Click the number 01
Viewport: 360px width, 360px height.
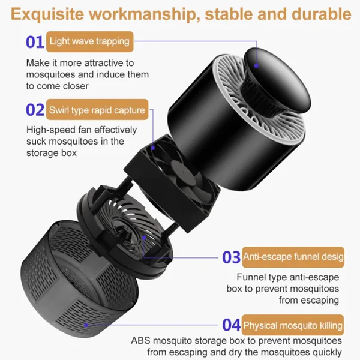click(34, 42)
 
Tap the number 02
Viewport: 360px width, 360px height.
click(35, 110)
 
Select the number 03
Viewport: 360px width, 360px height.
click(231, 257)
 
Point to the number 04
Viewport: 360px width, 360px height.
click(231, 326)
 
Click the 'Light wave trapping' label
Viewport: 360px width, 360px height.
click(89, 42)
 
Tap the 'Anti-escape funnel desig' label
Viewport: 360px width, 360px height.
click(293, 257)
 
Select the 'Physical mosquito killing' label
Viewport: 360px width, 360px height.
click(293, 326)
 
